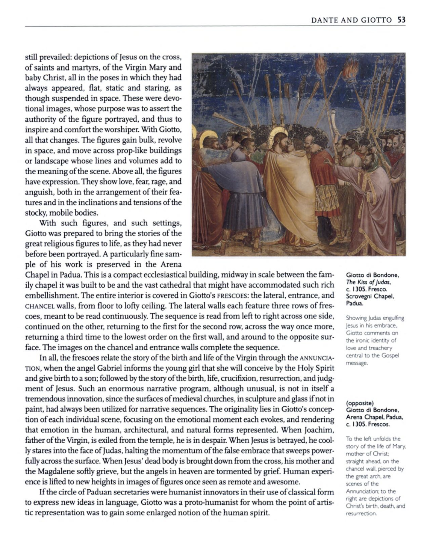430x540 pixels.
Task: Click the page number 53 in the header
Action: [401, 20]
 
